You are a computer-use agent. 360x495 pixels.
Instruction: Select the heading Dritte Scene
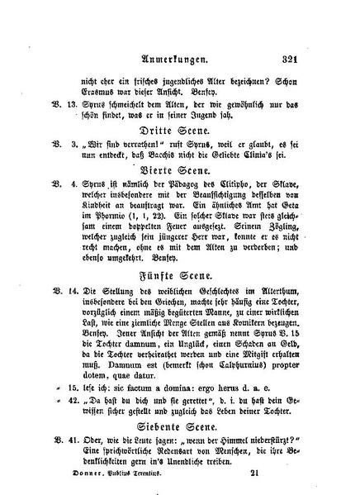[182, 131]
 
